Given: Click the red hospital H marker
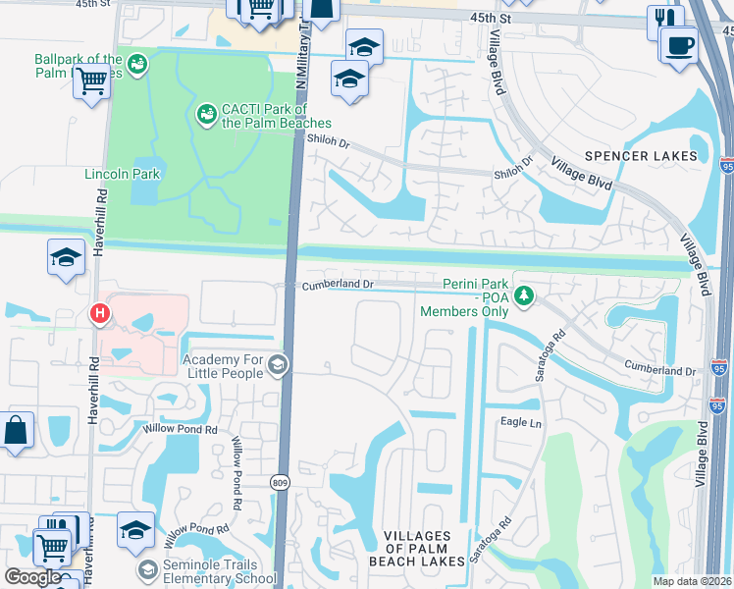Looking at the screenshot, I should tap(99, 314).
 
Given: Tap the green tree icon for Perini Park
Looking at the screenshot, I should tap(525, 294).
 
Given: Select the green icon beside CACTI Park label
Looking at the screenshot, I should tap(206, 115).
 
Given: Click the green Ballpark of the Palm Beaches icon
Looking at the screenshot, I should tap(137, 65).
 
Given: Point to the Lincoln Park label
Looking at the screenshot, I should tap(123, 174).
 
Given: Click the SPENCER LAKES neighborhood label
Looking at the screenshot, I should tap(641, 156).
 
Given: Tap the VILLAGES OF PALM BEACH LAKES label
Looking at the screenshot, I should tap(417, 549).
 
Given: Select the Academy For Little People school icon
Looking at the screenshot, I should tap(278, 366).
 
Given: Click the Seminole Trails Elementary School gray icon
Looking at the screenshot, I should tap(148, 570).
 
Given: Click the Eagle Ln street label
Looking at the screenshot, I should tap(521, 422).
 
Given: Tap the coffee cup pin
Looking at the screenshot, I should tap(679, 45).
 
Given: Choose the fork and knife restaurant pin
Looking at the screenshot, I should tap(665, 21).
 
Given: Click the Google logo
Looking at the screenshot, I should tap(32, 576).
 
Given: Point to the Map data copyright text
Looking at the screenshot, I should tap(693, 581).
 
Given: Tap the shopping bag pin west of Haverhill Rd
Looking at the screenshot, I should tap(17, 431).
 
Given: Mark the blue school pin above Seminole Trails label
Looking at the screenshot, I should tap(135, 531).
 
